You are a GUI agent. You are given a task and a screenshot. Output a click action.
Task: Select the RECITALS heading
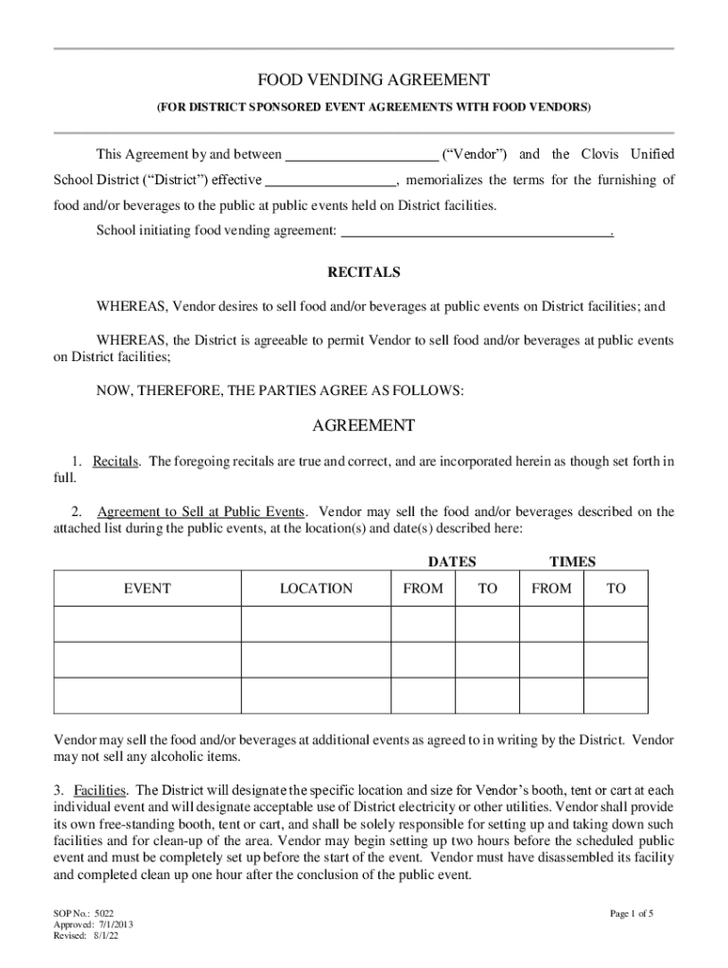[x=363, y=272]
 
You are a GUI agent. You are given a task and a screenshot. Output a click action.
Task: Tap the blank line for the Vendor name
[x=361, y=156]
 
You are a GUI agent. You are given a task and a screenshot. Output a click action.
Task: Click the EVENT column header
[x=147, y=588]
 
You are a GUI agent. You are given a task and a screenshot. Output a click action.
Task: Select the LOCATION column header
[x=316, y=588]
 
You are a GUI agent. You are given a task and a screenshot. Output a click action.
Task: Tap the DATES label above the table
[x=452, y=562]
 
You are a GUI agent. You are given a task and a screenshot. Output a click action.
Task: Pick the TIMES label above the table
[x=572, y=562]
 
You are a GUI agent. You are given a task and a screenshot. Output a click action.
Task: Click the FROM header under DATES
[x=423, y=588]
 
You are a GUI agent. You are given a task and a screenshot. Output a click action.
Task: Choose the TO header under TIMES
[x=615, y=588]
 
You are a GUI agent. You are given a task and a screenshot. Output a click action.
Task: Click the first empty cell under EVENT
[x=147, y=625]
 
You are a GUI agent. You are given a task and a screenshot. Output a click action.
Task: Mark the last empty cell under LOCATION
[x=316, y=695]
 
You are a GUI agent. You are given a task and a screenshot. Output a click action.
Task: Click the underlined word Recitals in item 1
[x=116, y=461]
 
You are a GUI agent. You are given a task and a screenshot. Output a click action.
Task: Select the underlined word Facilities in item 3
[x=102, y=789]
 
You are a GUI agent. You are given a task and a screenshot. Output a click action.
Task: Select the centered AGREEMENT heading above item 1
[x=363, y=426]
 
